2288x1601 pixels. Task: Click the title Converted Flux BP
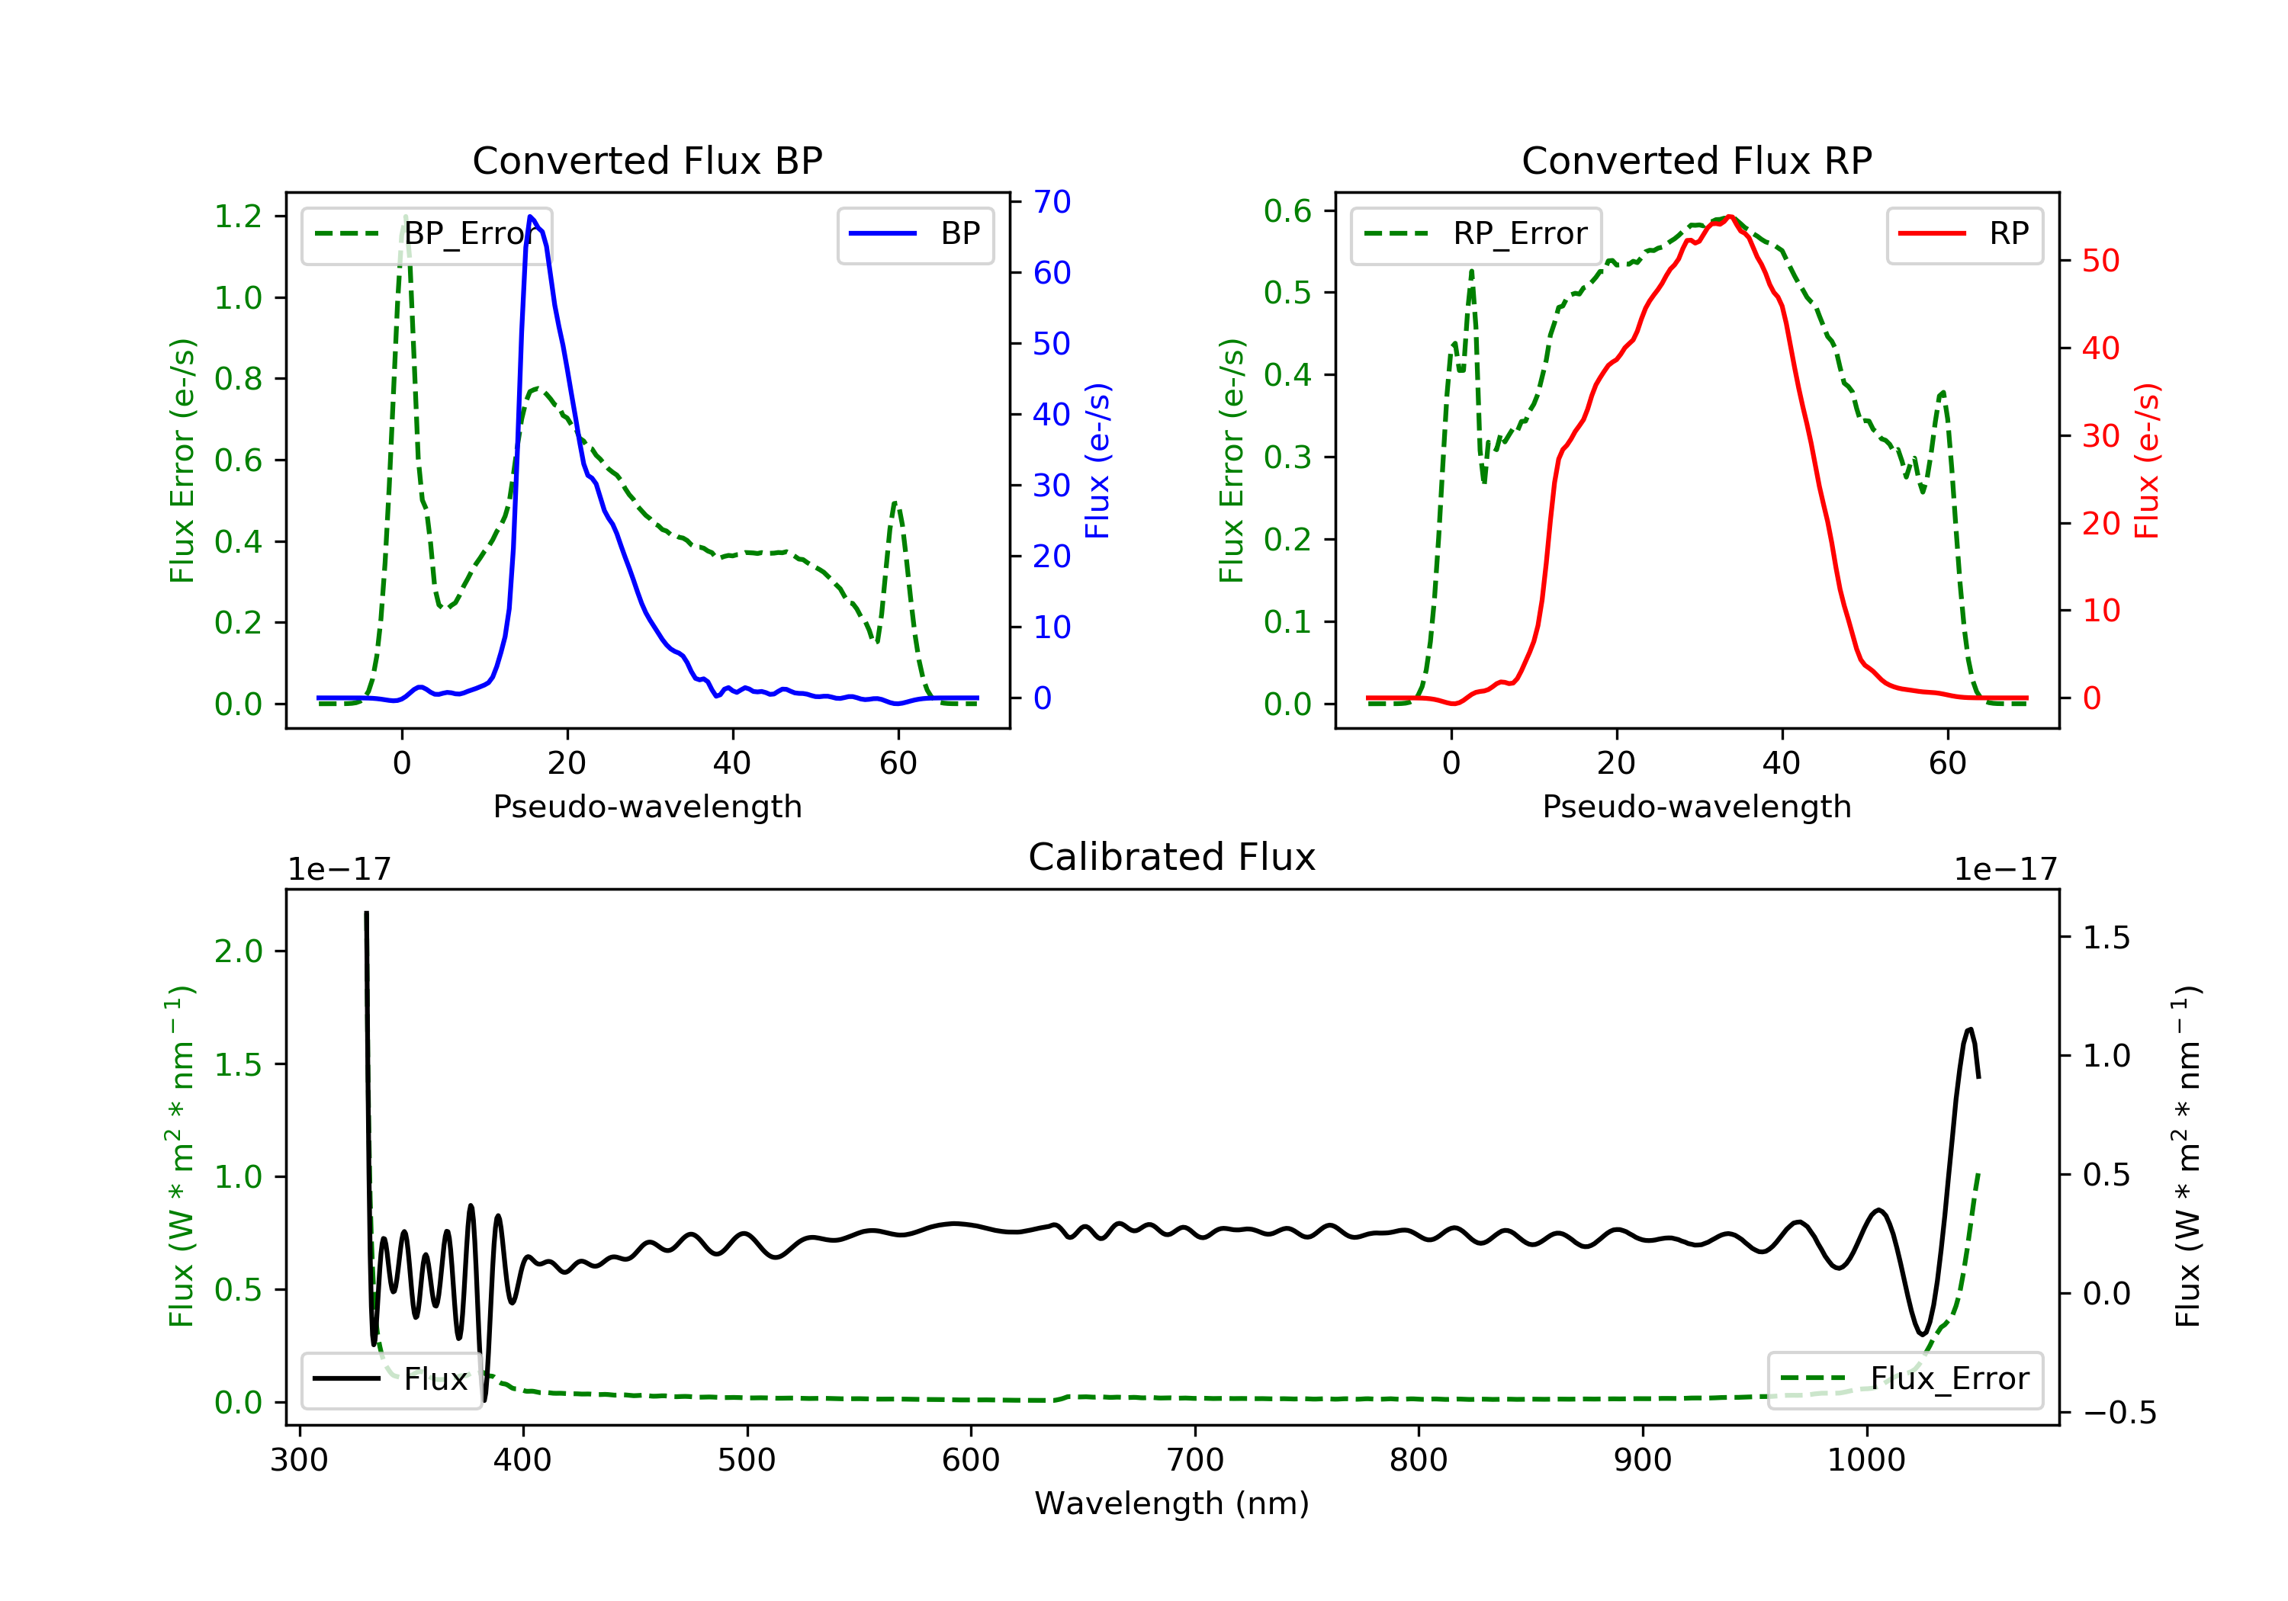(x=647, y=160)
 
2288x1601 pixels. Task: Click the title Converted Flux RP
(x=1696, y=160)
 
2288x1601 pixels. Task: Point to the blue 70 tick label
(x=1051, y=202)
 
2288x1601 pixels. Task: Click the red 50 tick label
(x=2100, y=261)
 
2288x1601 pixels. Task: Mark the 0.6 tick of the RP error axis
(x=1287, y=211)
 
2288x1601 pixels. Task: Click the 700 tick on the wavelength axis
(x=1195, y=1461)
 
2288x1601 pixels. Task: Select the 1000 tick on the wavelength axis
(x=1865, y=1461)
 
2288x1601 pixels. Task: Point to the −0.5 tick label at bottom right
(x=2119, y=1413)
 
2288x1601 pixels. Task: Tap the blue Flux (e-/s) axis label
(x=1097, y=460)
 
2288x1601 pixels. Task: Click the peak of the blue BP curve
(x=530, y=217)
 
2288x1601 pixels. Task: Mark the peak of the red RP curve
(x=1729, y=217)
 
